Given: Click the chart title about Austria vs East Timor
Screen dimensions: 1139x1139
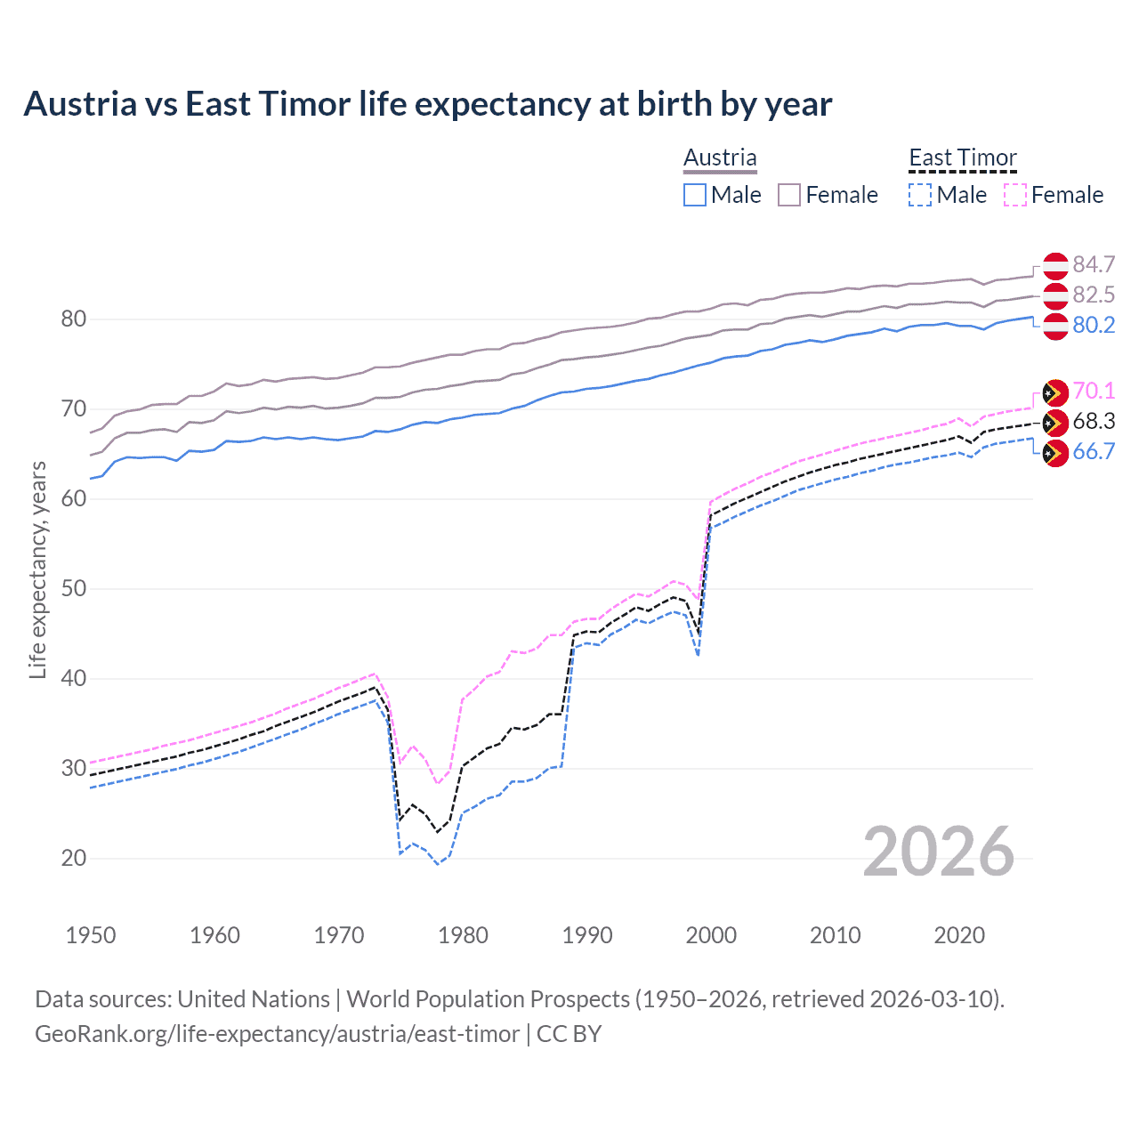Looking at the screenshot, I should [427, 104].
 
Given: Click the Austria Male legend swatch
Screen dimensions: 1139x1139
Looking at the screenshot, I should [695, 195].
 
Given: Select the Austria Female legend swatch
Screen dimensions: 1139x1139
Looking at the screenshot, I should [790, 195].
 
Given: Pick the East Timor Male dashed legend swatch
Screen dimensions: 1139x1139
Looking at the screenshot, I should [920, 195].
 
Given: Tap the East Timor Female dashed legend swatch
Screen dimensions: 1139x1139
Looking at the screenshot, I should [1015, 195].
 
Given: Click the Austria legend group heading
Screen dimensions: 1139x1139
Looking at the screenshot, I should [720, 158].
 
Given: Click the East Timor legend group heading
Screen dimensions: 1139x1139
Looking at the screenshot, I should [962, 158].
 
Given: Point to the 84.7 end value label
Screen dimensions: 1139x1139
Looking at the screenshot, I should [1094, 265].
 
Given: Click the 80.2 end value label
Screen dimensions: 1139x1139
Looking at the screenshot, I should [1094, 326].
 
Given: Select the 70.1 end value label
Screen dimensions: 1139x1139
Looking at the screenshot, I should [1094, 392].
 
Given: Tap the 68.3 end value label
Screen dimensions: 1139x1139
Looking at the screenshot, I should [1094, 422].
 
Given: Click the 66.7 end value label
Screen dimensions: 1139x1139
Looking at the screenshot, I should [1094, 452].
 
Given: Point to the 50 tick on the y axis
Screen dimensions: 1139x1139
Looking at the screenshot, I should [74, 588].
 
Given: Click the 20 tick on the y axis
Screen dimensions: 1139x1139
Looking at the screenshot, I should [74, 858].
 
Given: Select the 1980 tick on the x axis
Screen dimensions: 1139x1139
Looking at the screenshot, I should [464, 935].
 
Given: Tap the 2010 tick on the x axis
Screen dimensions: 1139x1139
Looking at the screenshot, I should [835, 935].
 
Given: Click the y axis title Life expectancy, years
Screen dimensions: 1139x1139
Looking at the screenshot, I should [37, 569].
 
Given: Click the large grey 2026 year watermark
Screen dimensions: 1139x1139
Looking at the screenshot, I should [939, 852].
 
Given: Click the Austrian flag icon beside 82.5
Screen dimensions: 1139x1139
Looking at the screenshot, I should [1055, 295].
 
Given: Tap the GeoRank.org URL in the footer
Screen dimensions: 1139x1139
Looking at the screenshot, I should [277, 1034].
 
